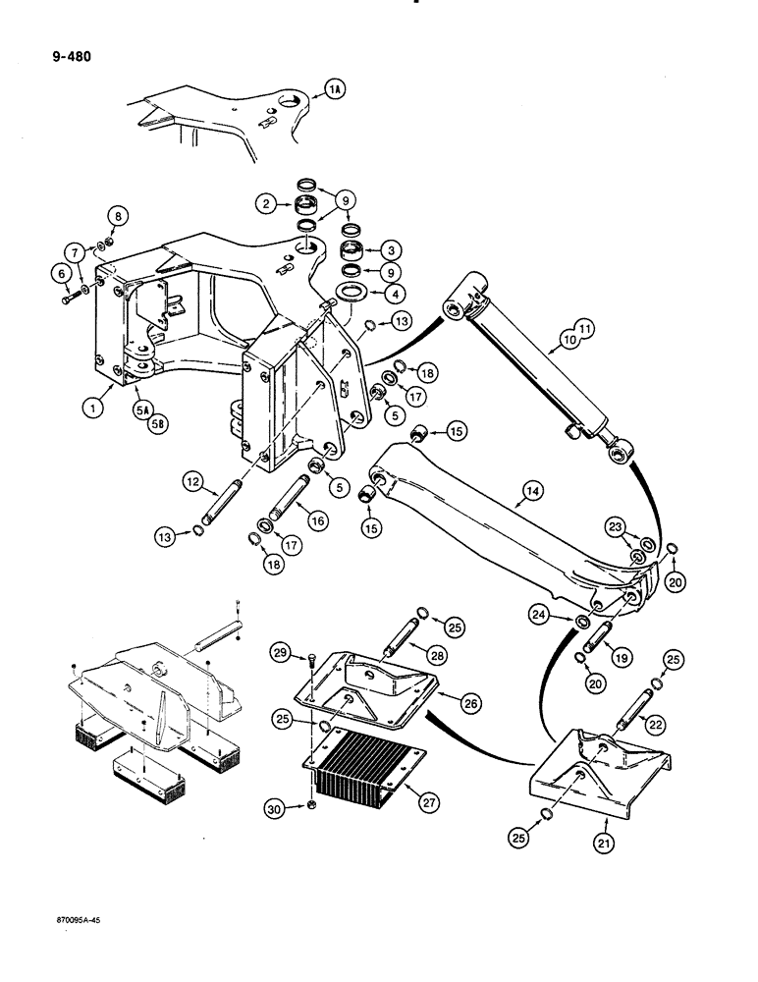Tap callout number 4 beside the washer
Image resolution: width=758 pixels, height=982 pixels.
coord(391,292)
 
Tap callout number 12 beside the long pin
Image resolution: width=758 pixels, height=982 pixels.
coord(193,481)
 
